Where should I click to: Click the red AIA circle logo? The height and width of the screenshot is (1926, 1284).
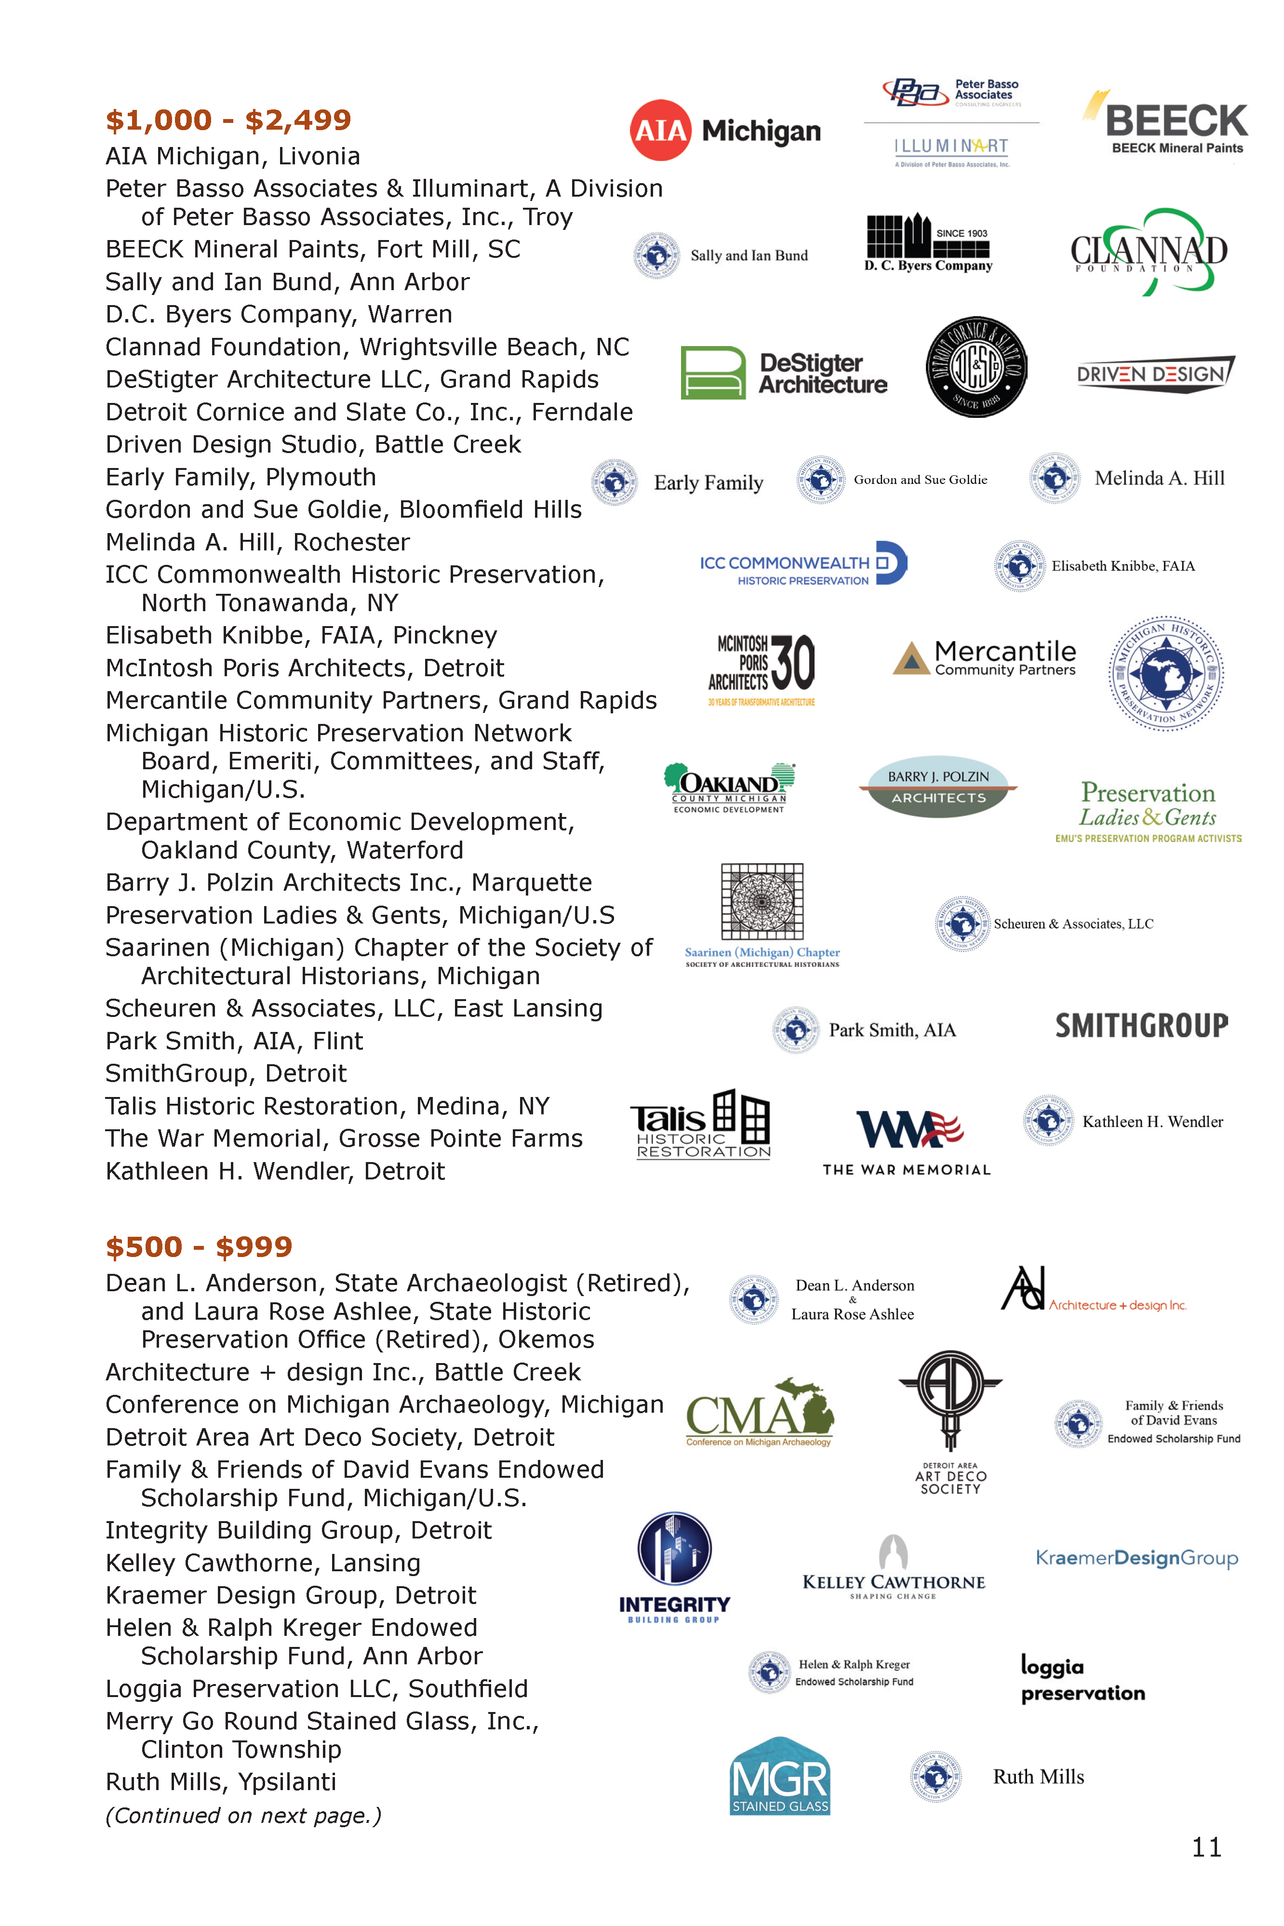point(660,130)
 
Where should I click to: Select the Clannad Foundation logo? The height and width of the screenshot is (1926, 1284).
point(1149,252)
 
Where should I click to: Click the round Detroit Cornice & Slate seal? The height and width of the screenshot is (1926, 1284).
point(976,367)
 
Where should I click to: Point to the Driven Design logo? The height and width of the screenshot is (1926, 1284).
point(1155,374)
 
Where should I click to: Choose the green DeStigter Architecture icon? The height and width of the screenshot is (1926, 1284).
point(712,373)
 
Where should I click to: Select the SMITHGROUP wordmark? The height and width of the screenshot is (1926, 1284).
point(1141,1025)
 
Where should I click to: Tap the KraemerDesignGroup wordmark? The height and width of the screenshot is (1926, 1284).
point(1137,1557)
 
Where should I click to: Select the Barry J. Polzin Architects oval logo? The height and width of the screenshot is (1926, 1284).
point(938,786)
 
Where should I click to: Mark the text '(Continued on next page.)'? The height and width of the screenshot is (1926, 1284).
point(243,1816)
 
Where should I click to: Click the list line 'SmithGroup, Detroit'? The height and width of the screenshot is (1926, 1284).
point(226,1073)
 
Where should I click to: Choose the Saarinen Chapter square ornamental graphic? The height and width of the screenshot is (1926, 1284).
point(762,901)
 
